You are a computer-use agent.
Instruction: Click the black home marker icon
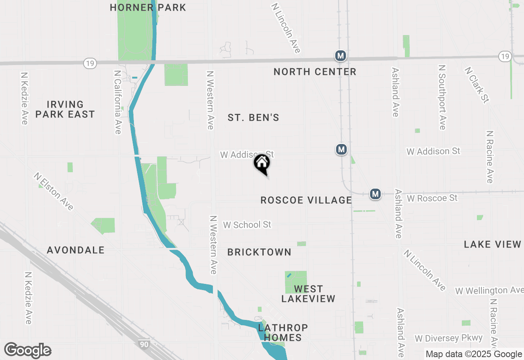coord(262,164)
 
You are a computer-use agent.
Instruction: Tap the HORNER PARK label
coord(148,7)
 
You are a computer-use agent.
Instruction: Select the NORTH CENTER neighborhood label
coord(315,72)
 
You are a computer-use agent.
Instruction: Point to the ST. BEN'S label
coord(253,118)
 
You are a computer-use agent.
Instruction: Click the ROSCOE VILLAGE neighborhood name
coord(306,200)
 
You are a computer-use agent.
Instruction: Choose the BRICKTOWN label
coord(259,252)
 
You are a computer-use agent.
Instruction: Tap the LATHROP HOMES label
coord(283,333)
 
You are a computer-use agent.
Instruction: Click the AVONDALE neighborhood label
coord(76,250)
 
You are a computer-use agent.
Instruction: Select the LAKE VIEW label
coord(492,244)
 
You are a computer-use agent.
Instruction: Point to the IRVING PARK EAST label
coord(65,109)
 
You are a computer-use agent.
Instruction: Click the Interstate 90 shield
coord(144,344)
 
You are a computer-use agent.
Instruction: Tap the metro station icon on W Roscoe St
coord(375,194)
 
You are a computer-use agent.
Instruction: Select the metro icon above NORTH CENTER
coord(340,56)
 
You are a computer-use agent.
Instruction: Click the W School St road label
coord(247,225)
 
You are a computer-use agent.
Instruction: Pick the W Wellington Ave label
coord(489,291)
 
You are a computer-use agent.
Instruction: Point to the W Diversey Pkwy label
coord(449,338)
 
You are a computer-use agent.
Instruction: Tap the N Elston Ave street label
coord(54,191)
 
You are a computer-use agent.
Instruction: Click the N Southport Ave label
coord(442,97)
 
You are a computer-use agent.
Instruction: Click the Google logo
coord(27,350)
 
